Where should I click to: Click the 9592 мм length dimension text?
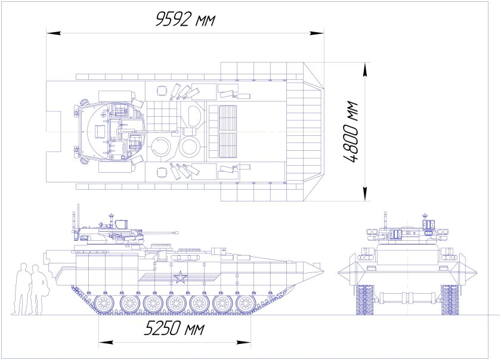[x=184, y=19]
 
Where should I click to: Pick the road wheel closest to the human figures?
[x=103, y=304]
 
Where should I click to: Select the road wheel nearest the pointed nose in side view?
[x=245, y=304]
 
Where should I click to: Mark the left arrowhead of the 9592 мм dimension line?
[x=50, y=32]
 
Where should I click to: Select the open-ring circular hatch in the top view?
[x=160, y=147]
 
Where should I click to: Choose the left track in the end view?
[x=364, y=299]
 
